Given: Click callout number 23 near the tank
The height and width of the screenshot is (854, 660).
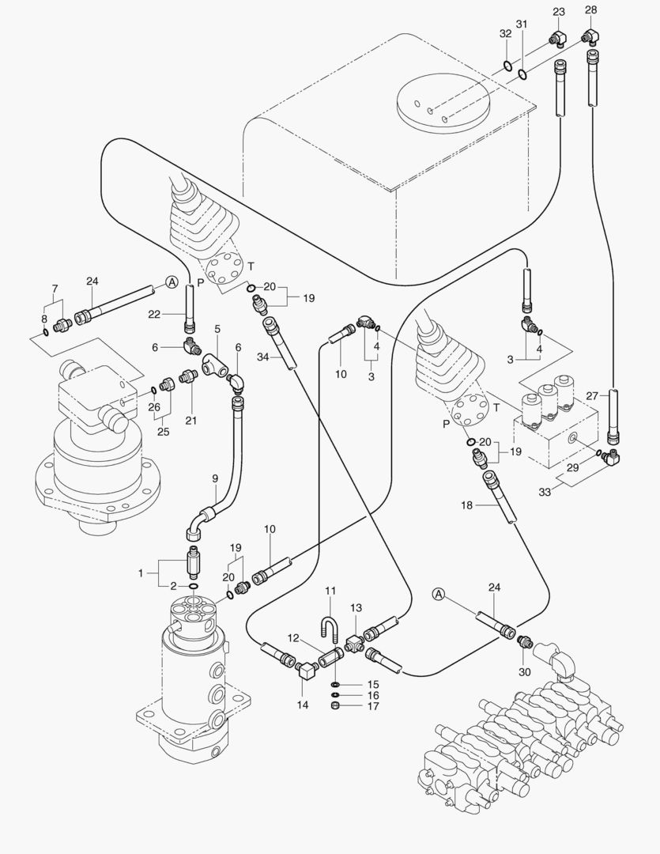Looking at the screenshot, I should tap(559, 11).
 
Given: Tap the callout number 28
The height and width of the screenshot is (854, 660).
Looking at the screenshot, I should tap(590, 10).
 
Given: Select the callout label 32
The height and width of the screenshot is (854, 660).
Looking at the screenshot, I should tap(505, 34).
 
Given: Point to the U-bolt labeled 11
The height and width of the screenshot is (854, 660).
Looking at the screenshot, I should tap(330, 618).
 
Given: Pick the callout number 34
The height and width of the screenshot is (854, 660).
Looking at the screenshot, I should tap(263, 358).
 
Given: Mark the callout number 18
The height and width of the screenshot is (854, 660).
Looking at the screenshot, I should tap(466, 504).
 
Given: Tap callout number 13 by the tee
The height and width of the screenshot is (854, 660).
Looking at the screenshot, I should tap(356, 607).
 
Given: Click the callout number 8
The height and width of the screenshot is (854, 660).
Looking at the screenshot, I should tap(45, 319).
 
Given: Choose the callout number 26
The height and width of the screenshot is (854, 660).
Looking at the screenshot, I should tap(153, 409).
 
